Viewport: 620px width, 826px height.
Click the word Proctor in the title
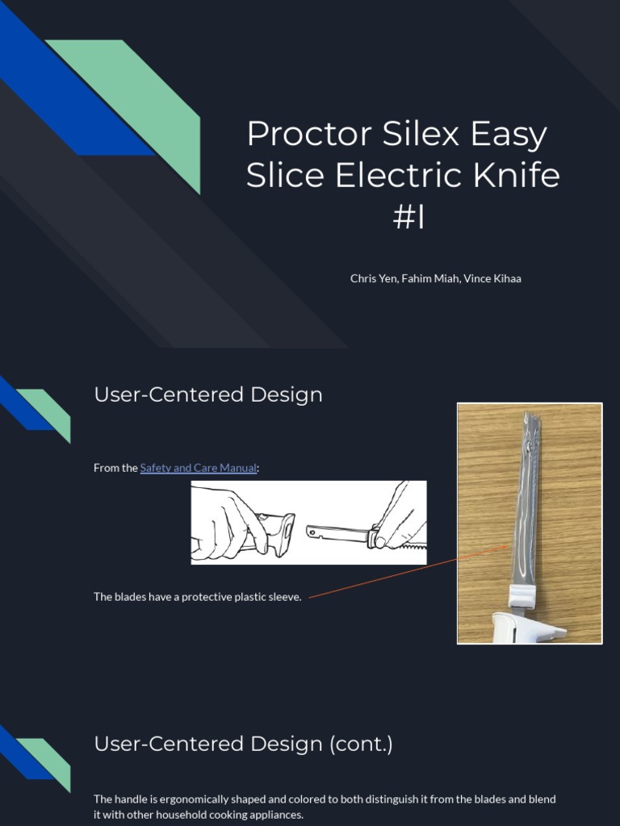pyautogui.click(x=310, y=134)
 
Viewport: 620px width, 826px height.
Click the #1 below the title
pyautogui.click(x=408, y=216)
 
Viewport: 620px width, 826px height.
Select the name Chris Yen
pyautogui.click(x=374, y=278)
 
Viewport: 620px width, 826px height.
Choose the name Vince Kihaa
pyautogui.click(x=492, y=278)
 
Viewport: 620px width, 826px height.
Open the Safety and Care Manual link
pyautogui.click(x=199, y=468)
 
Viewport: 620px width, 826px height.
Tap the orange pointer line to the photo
pyautogui.click(x=408, y=572)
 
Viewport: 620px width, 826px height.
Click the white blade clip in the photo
pyautogui.click(x=522, y=595)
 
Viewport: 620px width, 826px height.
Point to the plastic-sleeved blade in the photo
pyautogui.click(x=526, y=500)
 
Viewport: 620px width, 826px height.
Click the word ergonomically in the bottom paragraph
pyautogui.click(x=195, y=799)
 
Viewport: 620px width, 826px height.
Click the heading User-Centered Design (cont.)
pyautogui.click(x=243, y=744)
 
